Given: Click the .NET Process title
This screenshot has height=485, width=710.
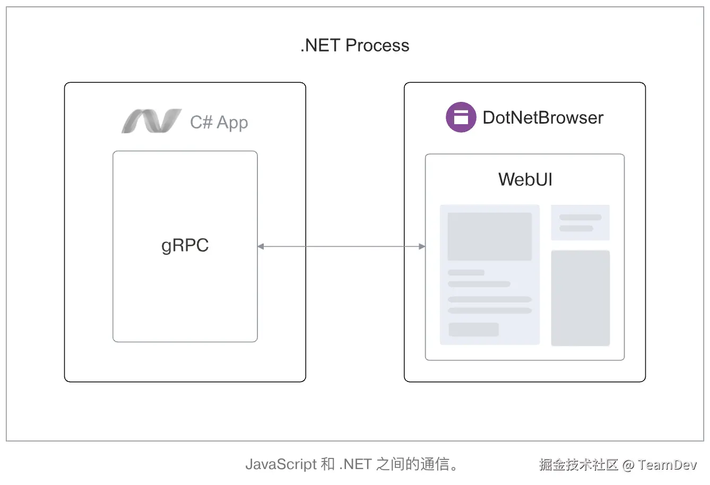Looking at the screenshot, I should pos(354,46).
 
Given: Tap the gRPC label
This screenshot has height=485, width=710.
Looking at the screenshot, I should pos(185,246).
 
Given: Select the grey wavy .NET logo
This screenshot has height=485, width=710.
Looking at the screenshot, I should pos(151,121).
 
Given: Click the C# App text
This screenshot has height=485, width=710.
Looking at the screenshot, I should pos(219,123).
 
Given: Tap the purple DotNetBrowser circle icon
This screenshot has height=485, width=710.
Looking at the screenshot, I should pos(461,117).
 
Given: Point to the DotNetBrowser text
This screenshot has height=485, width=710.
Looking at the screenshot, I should pos(543,118).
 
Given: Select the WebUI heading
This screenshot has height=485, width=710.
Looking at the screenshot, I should pos(525,179).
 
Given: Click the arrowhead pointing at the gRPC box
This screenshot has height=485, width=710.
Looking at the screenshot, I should pos(261,246).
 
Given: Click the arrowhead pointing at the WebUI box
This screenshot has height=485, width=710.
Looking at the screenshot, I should pos(422,246).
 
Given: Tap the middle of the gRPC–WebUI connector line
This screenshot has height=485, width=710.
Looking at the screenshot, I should pos(341,246).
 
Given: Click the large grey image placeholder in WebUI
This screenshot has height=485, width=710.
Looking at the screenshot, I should pos(489,237).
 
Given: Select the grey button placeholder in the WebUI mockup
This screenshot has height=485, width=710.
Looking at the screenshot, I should pos(473,330).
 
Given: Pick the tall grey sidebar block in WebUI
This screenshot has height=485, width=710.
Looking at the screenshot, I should pos(580,298).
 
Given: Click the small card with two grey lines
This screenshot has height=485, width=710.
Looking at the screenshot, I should pos(580,223).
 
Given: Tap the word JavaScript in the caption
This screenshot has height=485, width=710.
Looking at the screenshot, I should pos(281,464).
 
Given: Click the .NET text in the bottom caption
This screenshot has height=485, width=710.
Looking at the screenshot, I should pos(355,464).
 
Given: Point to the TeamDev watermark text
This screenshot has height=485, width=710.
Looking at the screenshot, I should pos(667,465).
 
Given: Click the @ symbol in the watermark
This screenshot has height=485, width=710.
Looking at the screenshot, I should pos(628,465).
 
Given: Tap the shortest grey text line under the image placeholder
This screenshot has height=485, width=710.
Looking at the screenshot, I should pos(466,273).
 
